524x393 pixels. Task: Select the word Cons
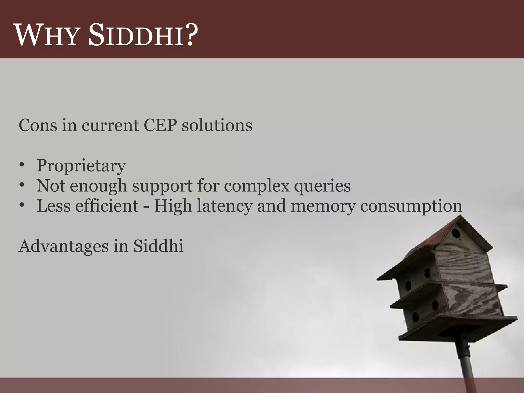pos(38,125)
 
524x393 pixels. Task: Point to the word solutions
pos(217,125)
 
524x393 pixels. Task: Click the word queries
pos(322,186)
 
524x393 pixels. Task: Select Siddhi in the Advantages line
pos(158,246)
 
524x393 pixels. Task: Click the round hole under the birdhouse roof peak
pos(456,233)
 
